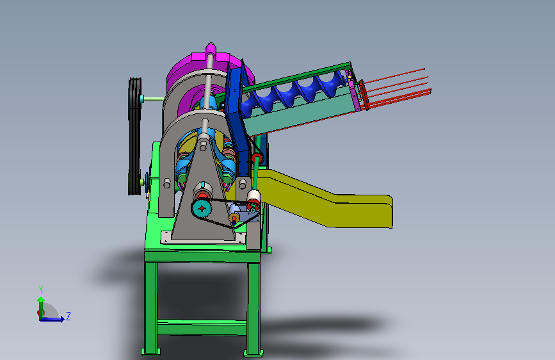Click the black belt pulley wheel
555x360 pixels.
click(134, 136)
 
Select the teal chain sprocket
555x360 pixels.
click(202, 209)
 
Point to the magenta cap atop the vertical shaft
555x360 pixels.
click(210, 48)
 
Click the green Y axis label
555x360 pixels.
click(41, 289)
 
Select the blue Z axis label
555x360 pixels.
click(68, 316)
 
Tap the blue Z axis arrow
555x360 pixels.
click(52, 319)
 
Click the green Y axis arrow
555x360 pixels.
click(41, 308)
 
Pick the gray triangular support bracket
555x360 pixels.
click(204, 199)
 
